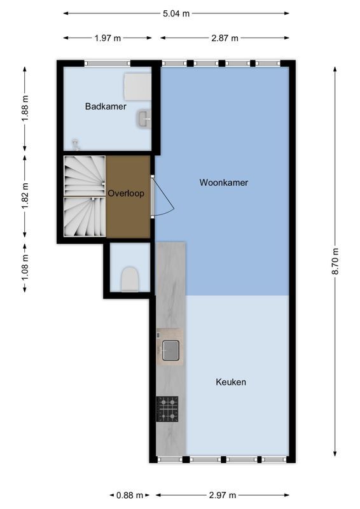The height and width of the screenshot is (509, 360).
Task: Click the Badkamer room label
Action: (x=106, y=106)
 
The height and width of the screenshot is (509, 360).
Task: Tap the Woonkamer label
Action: (x=223, y=183)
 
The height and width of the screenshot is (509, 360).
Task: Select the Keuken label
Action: (x=231, y=382)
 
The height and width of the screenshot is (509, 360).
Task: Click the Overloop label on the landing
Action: (x=126, y=193)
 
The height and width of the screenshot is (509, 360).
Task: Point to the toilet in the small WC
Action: (x=130, y=278)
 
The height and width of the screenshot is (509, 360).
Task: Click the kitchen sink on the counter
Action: (x=170, y=350)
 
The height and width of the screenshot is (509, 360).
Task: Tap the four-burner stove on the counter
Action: (x=167, y=408)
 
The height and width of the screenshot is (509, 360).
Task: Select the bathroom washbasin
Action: (x=144, y=118)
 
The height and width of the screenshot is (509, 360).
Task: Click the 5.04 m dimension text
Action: (x=177, y=13)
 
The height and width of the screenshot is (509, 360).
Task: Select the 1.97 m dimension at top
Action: (x=107, y=38)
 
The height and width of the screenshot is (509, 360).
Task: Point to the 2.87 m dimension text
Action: (x=225, y=38)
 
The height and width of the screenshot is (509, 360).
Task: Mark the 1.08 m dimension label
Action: (x=25, y=267)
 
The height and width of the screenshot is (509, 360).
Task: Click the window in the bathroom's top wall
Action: (x=108, y=63)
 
